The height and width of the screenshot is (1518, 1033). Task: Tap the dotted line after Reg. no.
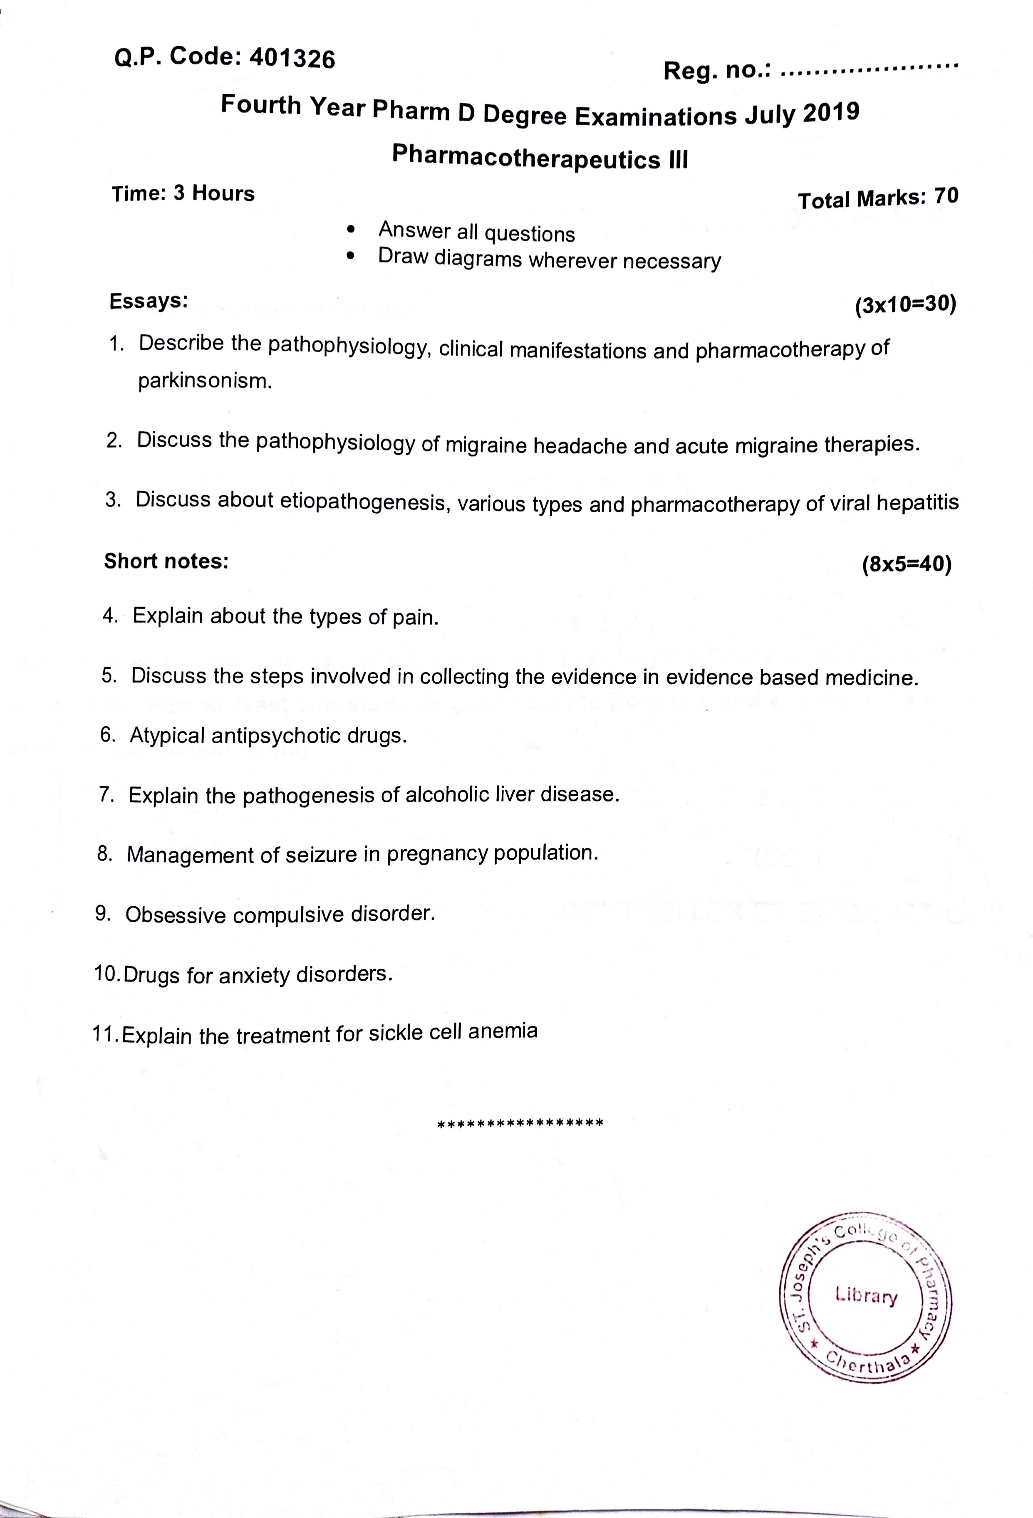pos(869,68)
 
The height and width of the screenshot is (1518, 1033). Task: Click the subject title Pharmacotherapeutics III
pos(540,157)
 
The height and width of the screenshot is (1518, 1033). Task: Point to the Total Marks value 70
pos(946,195)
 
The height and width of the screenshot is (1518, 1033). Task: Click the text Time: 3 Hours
pos(183,193)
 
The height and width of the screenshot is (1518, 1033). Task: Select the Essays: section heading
pos(149,301)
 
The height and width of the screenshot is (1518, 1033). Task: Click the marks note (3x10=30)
pos(905,305)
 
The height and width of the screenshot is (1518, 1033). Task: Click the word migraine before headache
pos(488,445)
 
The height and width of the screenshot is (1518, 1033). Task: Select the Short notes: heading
pos(166,561)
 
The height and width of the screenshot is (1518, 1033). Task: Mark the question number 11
pos(104,1034)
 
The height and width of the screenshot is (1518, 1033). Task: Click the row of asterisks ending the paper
pos(520,1123)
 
